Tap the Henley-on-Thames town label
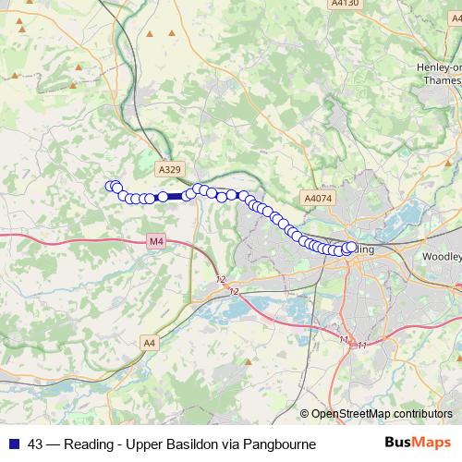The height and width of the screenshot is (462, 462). (x=441, y=74)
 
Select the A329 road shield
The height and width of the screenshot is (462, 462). (x=169, y=169)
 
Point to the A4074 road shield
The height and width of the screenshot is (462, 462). (x=316, y=198)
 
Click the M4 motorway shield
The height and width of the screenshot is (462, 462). (x=155, y=242)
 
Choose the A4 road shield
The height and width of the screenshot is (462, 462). (x=150, y=343)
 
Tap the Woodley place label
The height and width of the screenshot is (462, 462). (x=440, y=256)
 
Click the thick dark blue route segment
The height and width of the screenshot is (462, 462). (x=175, y=196)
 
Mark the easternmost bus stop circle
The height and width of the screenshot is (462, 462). (x=351, y=247)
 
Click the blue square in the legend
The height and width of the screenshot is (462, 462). (x=13, y=444)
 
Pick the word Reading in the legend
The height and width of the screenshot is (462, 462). (x=91, y=444)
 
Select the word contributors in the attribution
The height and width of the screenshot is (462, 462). (x=423, y=413)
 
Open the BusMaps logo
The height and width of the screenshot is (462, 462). (x=418, y=444)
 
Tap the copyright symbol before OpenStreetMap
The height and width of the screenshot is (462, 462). (x=306, y=413)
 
